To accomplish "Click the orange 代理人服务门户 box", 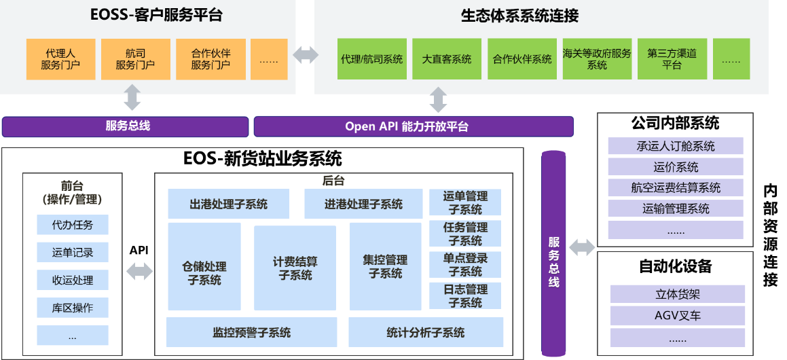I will coord(60,59).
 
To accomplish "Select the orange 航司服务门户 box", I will coord(135,59).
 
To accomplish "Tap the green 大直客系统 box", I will coord(447,59).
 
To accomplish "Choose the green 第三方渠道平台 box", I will coord(672,59).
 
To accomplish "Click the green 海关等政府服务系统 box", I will coord(597,59).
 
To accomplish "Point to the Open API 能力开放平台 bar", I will coord(413,126).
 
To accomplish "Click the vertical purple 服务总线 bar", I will coord(553,253).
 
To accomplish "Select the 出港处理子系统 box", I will coord(228,204).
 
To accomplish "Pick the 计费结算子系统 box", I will coord(295,268).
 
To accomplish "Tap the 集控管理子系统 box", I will coord(385,266).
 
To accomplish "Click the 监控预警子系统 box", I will coord(251,332).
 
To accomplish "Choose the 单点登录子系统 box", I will coord(465,265).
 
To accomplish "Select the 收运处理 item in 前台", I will coord(73,280).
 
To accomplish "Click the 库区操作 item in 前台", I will coord(73,308).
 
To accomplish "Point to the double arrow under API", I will coord(139,272).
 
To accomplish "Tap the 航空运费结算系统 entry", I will coord(675,187).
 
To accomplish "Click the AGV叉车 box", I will coord(677,315).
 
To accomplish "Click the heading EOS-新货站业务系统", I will coord(262,159).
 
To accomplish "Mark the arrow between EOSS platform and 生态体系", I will coord(305,55).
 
